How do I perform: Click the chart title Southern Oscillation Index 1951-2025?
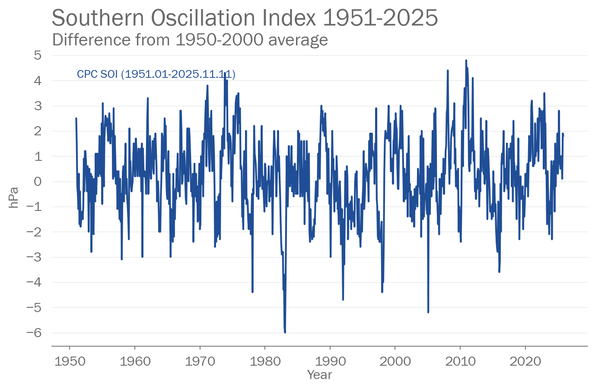(x=245, y=18)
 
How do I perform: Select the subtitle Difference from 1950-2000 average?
(x=190, y=40)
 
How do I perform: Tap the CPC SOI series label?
(x=156, y=74)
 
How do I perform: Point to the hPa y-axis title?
(x=13, y=198)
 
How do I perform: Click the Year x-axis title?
(x=319, y=375)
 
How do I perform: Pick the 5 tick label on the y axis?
(x=38, y=55)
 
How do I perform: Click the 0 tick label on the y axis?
(x=38, y=182)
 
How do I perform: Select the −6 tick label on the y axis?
(x=35, y=333)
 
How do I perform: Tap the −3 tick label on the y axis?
(x=35, y=257)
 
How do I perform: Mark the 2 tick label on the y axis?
(x=38, y=131)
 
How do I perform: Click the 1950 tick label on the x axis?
(x=70, y=361)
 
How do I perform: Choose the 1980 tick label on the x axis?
(x=265, y=361)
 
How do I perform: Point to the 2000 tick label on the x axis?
(x=395, y=361)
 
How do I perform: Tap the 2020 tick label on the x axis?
(x=525, y=361)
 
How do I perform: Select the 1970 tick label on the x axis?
(x=200, y=361)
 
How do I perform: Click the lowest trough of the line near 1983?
(x=285, y=332)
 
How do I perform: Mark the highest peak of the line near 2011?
(x=466, y=61)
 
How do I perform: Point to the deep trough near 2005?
(x=428, y=312)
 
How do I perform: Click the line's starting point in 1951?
(x=76, y=118)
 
